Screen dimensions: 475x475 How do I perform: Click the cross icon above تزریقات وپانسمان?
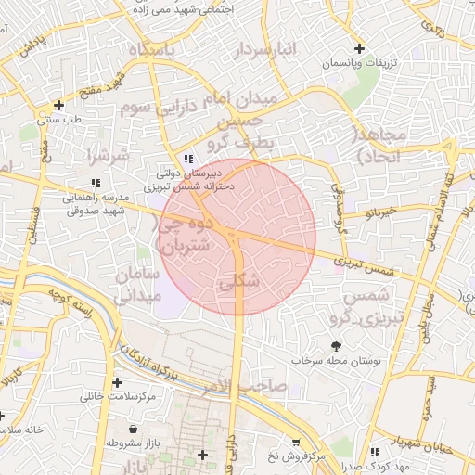[x=359, y=48]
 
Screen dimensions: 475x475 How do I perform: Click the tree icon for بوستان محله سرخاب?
[x=335, y=345]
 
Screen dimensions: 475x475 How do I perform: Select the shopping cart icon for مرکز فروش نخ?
[x=296, y=443]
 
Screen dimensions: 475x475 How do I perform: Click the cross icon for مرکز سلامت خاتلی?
[x=117, y=382]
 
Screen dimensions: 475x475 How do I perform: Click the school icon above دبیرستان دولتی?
[x=189, y=159]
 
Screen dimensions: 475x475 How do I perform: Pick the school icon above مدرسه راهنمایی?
[x=95, y=182]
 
